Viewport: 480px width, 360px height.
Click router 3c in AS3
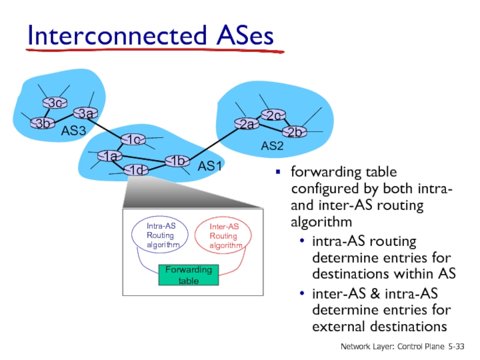coord(55,103)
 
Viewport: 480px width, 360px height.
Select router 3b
coord(41,123)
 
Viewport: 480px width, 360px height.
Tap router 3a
coord(85,113)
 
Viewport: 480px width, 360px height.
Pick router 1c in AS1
coord(133,140)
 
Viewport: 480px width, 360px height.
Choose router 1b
coord(176,161)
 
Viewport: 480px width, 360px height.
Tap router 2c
coord(274,115)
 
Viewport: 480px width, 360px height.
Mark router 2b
coord(293,131)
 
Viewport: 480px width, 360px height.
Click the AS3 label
coord(74,131)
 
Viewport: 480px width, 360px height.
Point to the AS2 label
coord(272,146)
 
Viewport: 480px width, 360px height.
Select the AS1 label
coord(211,166)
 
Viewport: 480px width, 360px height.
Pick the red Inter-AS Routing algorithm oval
coord(223,236)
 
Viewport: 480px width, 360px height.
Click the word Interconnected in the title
coord(116,37)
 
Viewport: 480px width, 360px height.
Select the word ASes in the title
coord(243,37)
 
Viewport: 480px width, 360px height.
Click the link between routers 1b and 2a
coord(210,142)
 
